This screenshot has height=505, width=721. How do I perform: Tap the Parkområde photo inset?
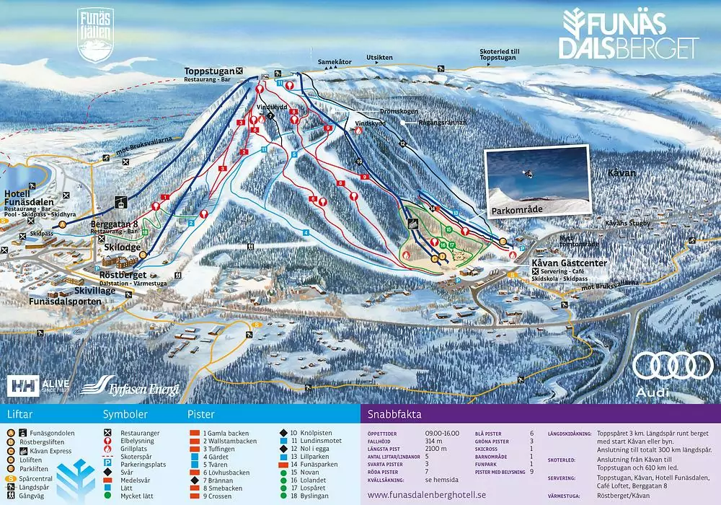pyautogui.click(x=536, y=181)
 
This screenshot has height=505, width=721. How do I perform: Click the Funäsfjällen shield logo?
pyautogui.click(x=95, y=34)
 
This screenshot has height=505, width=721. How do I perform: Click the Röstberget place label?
pyautogui.click(x=124, y=275)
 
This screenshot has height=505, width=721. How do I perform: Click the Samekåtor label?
pyautogui.click(x=335, y=62)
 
